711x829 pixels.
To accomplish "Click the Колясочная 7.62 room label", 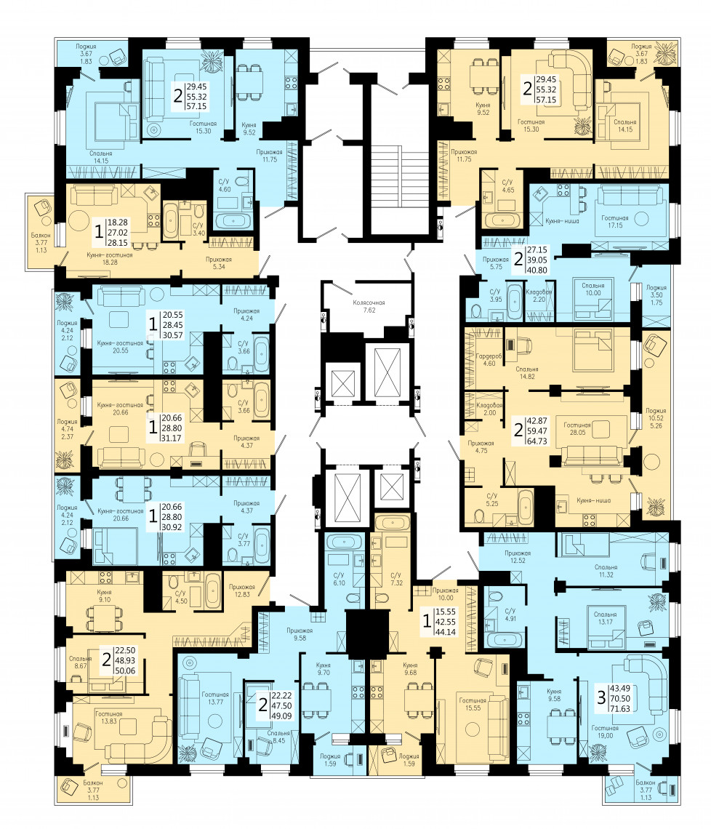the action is pos(369,306).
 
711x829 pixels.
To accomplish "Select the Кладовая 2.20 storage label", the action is pos(539,295).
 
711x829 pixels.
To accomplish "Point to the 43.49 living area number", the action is pos(620,688).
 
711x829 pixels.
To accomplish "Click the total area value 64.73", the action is pos(537,441).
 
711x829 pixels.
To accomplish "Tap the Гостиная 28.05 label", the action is pos(577,428).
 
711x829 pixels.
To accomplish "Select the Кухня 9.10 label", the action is pos(104,596).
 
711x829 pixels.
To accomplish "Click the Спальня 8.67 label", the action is pos(81,662).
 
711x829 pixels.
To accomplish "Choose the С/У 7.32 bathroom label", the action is pos(396,579).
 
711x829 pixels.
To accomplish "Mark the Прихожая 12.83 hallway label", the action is pos(242,590).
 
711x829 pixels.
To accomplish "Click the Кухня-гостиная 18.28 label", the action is pos(110,258).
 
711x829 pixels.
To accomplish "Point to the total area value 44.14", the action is pos(446,632).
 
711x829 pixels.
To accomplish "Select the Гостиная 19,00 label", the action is pos(606,732).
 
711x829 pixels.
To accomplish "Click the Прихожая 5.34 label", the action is pos(219,263).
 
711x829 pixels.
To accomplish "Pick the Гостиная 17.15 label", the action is pos(615,221).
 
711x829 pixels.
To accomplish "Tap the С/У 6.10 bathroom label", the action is pos(339,579).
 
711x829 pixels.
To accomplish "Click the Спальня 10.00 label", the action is pos(593,289).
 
